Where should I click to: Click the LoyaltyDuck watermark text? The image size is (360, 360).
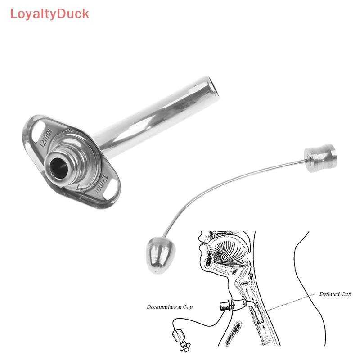click(x=49, y=13)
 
